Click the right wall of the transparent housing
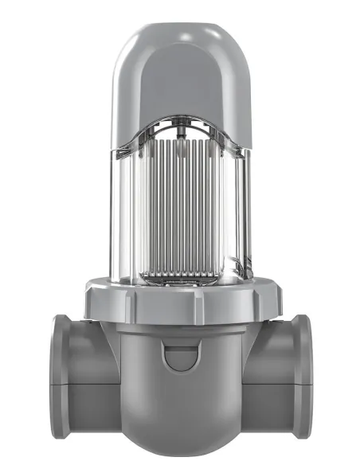click(240, 215)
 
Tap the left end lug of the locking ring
click(89, 302)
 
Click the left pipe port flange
click(60, 376)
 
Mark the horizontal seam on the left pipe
click(88, 384)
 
